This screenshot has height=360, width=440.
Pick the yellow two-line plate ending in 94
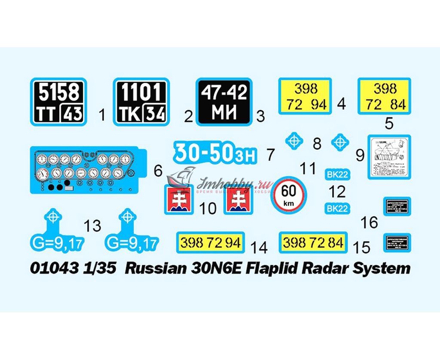click(x=306, y=96)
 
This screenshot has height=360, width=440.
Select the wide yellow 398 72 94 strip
click(x=210, y=243)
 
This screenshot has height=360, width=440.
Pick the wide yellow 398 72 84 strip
click(x=313, y=243)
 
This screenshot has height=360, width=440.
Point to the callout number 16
click(x=370, y=223)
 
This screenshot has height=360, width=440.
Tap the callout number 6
click(x=158, y=171)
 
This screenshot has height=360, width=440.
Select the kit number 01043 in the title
click(x=55, y=269)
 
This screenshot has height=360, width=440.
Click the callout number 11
click(x=309, y=169)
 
